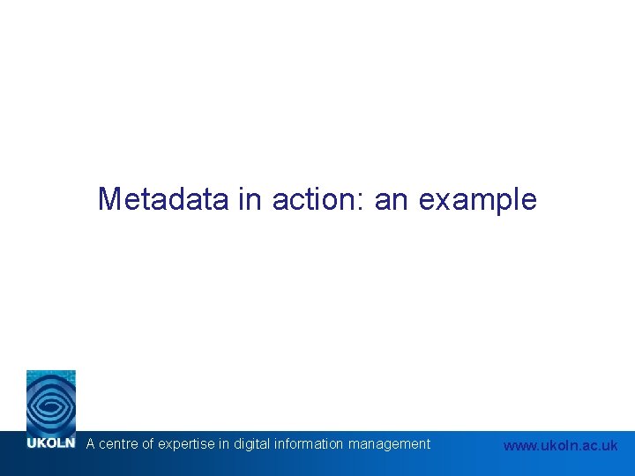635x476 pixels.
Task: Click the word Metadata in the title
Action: [x=164, y=199]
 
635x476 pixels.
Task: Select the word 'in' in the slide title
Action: [x=250, y=199]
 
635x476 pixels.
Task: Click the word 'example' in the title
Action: [x=477, y=199]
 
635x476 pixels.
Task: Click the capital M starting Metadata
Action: [x=109, y=199]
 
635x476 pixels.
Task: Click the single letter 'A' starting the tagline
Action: [x=90, y=444]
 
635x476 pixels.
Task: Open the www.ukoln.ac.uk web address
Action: [x=560, y=446]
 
